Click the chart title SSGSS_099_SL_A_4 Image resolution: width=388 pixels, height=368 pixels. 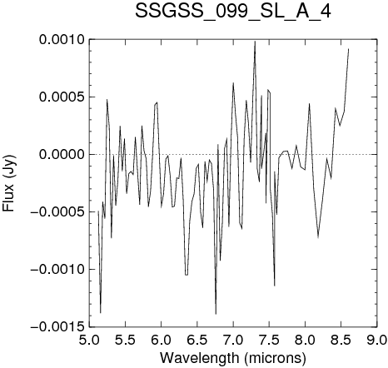[x=233, y=12]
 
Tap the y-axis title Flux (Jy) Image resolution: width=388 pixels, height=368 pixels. [x=8, y=183]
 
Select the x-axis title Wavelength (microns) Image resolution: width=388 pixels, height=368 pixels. [x=233, y=358]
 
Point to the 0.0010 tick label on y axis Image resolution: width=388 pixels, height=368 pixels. [x=62, y=39]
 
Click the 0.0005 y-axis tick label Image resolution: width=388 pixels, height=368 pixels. [x=62, y=97]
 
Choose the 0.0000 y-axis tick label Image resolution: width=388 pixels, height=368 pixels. [x=62, y=154]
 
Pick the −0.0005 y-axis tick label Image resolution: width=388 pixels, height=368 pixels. [x=57, y=211]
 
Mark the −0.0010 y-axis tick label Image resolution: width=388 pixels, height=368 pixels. [x=57, y=269]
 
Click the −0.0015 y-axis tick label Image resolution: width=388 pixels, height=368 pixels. [x=57, y=326]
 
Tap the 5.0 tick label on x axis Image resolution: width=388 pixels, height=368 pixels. [x=89, y=340]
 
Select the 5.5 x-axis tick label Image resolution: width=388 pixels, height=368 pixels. [x=125, y=340]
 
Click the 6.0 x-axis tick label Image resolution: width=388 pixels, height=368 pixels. [x=161, y=340]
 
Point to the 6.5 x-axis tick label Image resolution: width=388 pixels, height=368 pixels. [x=197, y=340]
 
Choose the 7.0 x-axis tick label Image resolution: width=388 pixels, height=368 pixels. [x=233, y=340]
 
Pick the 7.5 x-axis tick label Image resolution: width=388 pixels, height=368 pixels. [x=269, y=340]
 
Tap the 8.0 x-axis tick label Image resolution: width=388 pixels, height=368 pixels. [x=305, y=340]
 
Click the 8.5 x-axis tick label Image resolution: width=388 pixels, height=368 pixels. [x=341, y=340]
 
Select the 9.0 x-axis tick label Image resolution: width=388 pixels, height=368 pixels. [x=377, y=340]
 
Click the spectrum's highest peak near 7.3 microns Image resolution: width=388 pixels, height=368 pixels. [x=255, y=42]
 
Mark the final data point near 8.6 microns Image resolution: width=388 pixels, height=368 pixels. [x=348, y=49]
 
